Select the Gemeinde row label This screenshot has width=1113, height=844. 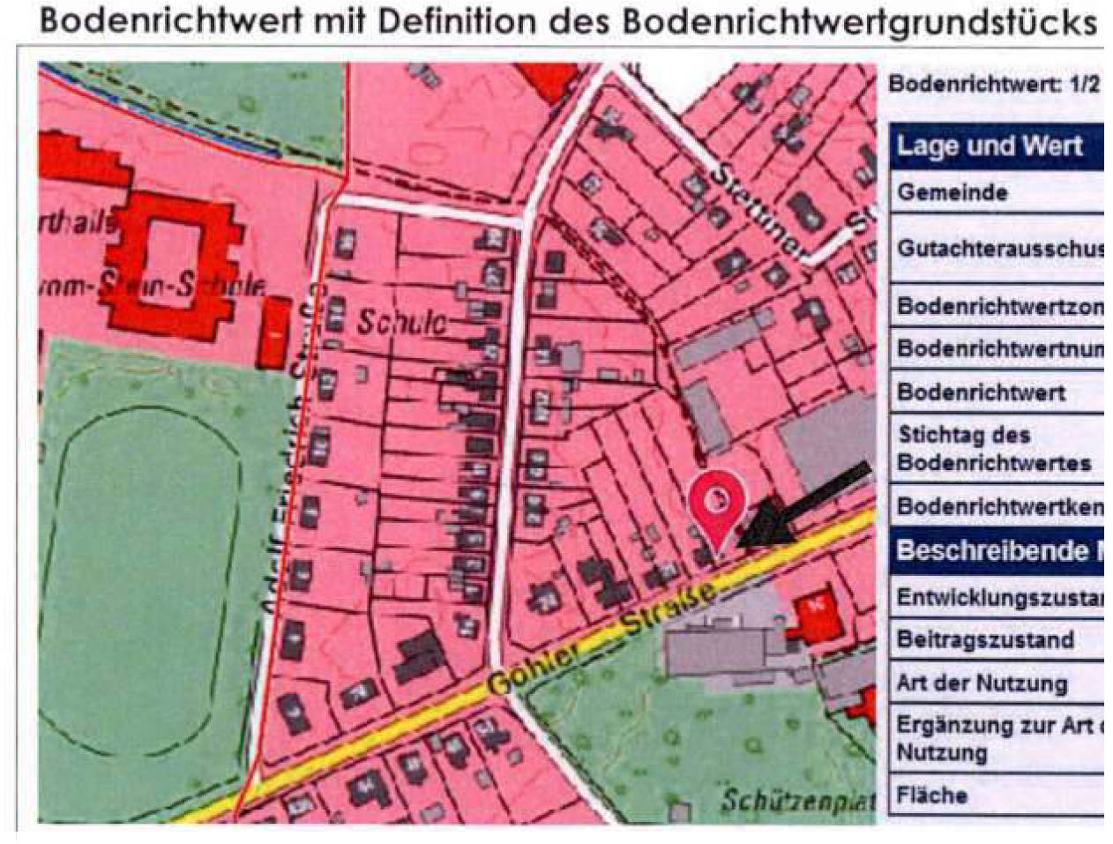[x=952, y=192]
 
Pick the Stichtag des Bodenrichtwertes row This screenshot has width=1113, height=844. [x=994, y=448]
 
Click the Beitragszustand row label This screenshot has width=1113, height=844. [x=985, y=639]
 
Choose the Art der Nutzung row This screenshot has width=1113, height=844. [x=982, y=683]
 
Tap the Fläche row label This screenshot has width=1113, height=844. [x=932, y=795]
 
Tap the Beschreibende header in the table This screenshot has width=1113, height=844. [x=992, y=550]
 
